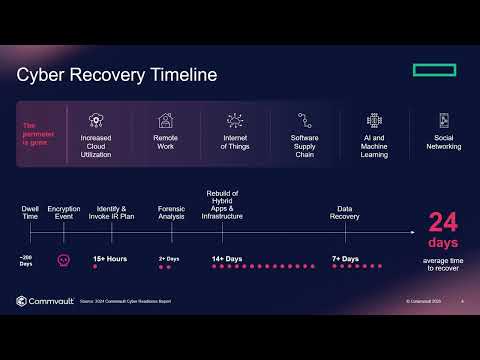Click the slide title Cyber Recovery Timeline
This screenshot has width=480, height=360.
[116, 75]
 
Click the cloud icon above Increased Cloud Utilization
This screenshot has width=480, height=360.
[97, 119]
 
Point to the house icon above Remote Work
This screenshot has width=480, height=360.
[166, 119]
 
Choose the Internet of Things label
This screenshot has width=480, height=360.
[235, 142]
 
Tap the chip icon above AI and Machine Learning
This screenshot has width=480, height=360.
[374, 119]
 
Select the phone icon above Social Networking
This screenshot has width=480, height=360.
[443, 119]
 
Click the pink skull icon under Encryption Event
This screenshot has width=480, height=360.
[64, 259]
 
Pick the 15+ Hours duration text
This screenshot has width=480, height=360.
[110, 259]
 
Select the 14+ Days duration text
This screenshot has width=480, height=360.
[227, 259]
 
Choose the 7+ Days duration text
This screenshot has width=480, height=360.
[346, 259]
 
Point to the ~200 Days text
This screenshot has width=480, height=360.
[26, 261]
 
